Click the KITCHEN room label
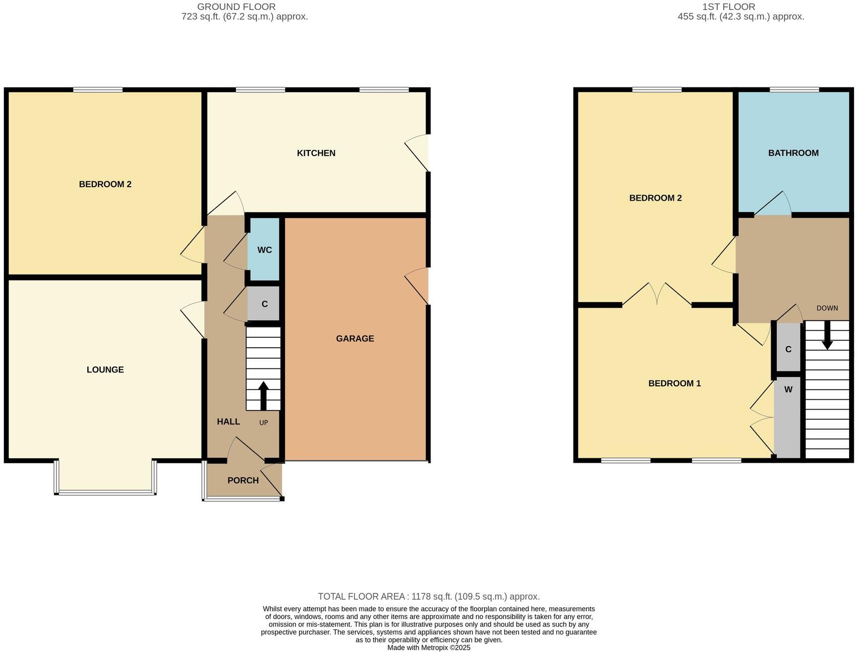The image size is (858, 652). click(x=316, y=153)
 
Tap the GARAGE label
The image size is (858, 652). click(x=355, y=339)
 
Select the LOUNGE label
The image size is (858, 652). click(x=105, y=369)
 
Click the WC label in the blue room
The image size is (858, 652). click(x=265, y=250)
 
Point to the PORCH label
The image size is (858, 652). click(x=243, y=480)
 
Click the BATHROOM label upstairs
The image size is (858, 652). click(x=793, y=153)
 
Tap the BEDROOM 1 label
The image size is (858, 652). click(x=675, y=383)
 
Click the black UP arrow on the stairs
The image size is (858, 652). click(x=264, y=396)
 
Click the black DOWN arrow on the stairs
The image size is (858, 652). click(x=827, y=335)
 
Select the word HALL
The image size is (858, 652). click(x=228, y=422)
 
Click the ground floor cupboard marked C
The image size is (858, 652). click(x=264, y=304)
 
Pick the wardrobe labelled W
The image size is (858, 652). click(x=788, y=418)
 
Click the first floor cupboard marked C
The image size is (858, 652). click(x=788, y=347)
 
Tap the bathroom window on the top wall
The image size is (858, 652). click(x=794, y=90)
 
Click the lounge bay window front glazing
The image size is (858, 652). click(x=105, y=493)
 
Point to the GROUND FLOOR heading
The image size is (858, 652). click(x=236, y=7)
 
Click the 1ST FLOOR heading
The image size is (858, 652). click(x=729, y=7)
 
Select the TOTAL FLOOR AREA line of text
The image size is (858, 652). click(x=429, y=596)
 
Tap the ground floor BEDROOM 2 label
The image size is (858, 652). click(x=105, y=184)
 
